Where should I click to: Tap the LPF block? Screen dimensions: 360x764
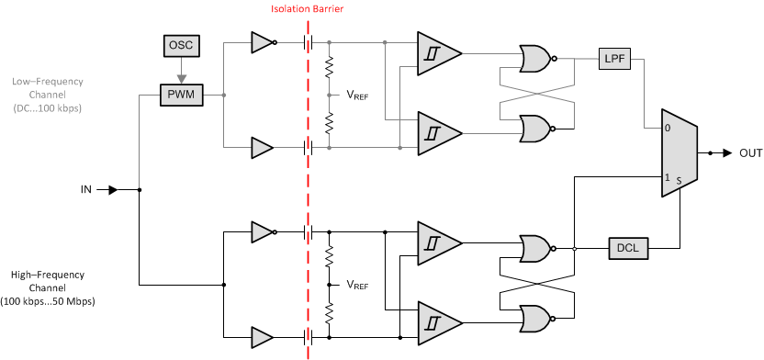pyautogui.click(x=613, y=58)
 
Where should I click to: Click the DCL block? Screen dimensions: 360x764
pyautogui.click(x=628, y=248)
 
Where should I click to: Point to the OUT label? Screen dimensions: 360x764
pyautogui.click(x=750, y=153)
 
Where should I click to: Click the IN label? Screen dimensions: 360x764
pyautogui.click(x=86, y=190)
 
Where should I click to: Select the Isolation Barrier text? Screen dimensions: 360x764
pyautogui.click(x=308, y=10)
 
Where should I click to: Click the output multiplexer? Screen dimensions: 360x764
pyautogui.click(x=679, y=152)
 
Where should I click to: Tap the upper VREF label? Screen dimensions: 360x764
pyautogui.click(x=357, y=95)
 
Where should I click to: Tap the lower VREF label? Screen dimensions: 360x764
pyautogui.click(x=357, y=286)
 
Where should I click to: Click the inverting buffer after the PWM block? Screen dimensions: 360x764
pyautogui.click(x=263, y=42)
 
